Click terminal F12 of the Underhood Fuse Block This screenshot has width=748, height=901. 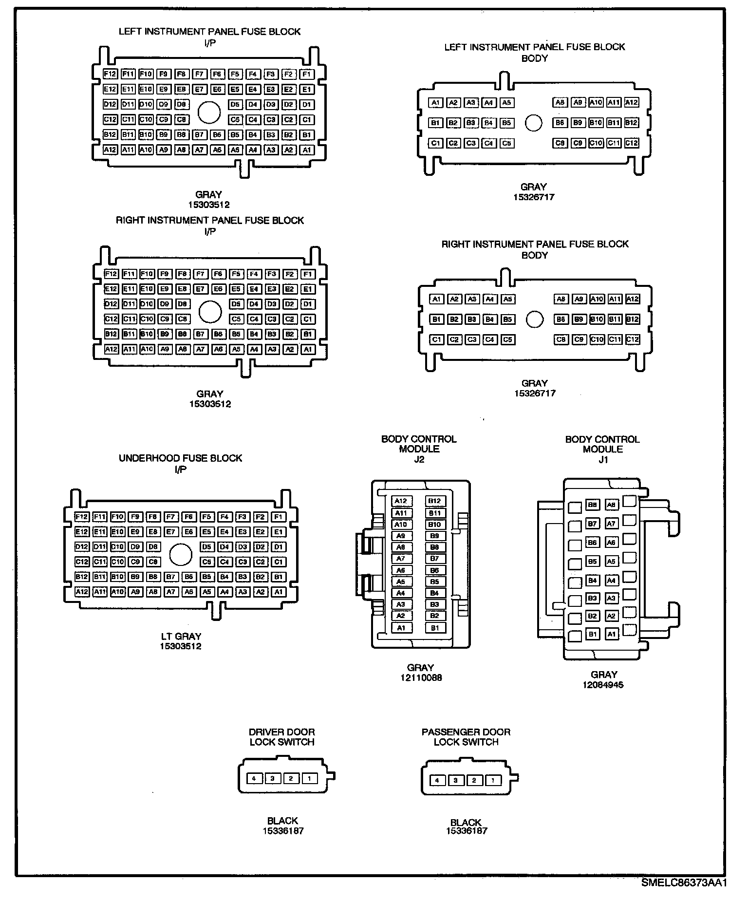click(82, 517)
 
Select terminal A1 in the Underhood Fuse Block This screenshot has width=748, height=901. click(278, 592)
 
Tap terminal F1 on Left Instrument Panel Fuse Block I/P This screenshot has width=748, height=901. click(306, 75)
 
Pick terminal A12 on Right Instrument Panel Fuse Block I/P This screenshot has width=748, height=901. click(111, 349)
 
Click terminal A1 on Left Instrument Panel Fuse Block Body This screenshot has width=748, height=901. click(436, 103)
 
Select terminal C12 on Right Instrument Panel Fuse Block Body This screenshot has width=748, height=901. click(632, 339)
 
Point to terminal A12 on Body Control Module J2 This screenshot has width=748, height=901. click(401, 501)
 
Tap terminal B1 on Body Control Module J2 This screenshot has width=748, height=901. click(435, 628)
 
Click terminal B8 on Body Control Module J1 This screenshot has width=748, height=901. click(592, 505)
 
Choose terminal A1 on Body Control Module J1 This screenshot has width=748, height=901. click(612, 634)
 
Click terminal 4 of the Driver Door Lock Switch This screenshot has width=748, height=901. click(254, 778)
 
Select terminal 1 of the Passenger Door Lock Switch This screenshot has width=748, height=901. click(492, 781)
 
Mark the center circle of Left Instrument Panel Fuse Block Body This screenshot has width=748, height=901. click(534, 123)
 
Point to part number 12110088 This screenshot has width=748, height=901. click(420, 677)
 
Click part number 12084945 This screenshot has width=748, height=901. click(603, 685)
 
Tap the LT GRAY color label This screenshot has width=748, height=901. click(181, 636)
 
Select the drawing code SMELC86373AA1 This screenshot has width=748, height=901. click(683, 882)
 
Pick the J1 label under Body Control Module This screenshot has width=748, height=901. click(603, 459)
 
